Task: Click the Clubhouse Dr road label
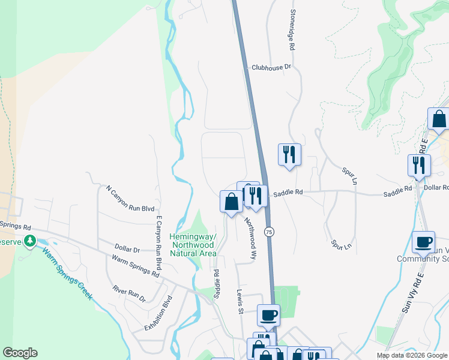coord(271,67)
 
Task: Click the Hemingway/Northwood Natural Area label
coord(193,245)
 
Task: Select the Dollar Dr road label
coord(127,249)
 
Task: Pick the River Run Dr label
coord(129,292)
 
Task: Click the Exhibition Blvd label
coord(158,313)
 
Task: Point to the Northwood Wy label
coord(250,238)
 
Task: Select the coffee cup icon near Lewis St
coord(268,314)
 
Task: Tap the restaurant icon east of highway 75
coord(289,154)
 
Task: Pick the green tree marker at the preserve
coord(29,241)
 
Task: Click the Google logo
coord(20,353)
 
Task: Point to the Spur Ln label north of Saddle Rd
coord(350,176)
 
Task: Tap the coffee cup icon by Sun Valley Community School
coord(423,242)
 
